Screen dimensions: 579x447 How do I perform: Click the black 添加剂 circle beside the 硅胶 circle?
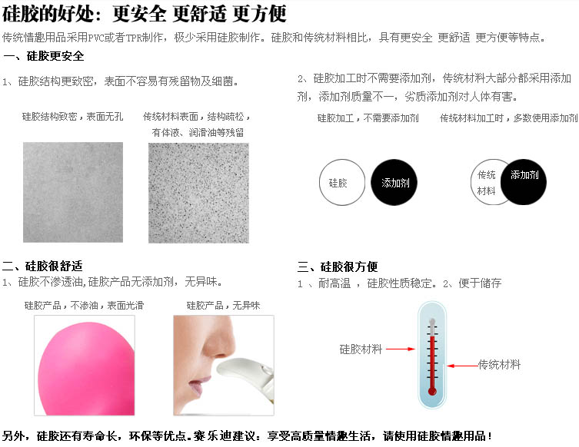pos(394,182)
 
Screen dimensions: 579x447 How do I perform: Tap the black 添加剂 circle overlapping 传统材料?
pos(524,182)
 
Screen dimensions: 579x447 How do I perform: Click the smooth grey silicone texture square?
pos(73,192)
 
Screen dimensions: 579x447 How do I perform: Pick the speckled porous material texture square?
pos(198,193)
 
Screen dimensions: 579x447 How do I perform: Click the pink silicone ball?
pos(86,368)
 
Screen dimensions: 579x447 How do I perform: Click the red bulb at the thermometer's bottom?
pos(432,391)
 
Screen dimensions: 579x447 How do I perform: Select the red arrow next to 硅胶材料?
pos(401,349)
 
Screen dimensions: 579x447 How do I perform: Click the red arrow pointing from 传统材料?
pos(462,366)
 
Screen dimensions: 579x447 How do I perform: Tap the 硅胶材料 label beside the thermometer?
pos(361,349)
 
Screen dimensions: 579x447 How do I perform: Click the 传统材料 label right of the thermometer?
pos(499,365)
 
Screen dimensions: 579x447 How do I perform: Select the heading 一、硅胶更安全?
pos(44,56)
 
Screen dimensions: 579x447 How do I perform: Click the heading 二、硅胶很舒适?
pos(42,266)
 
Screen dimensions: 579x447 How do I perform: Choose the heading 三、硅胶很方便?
pos(338,267)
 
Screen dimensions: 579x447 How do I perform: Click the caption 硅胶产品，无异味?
pos(224,306)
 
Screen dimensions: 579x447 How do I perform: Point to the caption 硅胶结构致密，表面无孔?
pos(72,117)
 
